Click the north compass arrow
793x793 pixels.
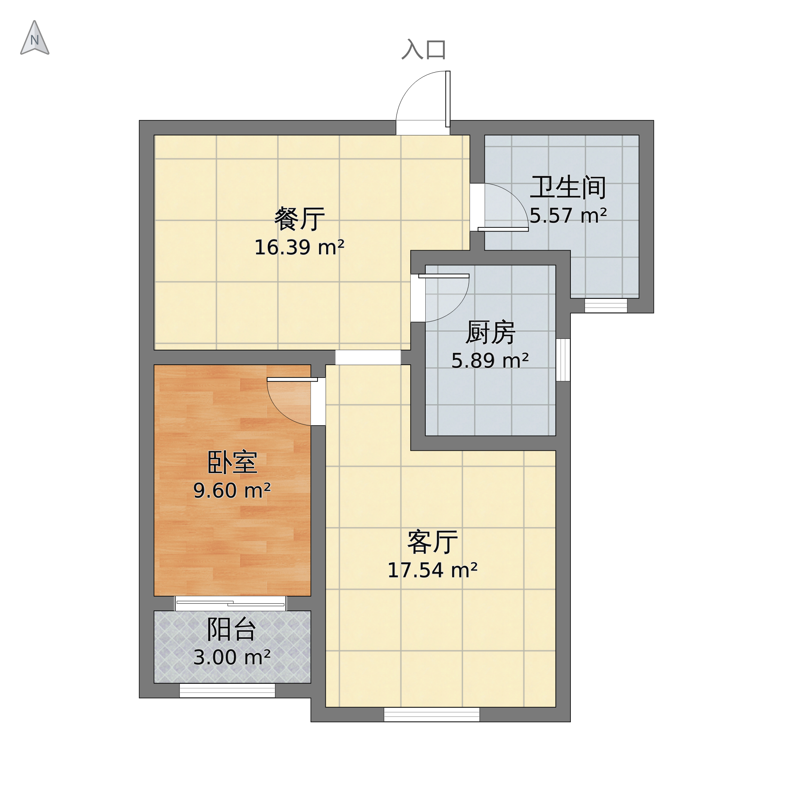(x=35, y=39)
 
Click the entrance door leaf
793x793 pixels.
(x=448, y=99)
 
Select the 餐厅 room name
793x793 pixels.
(x=299, y=219)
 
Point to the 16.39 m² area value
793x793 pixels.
(x=299, y=248)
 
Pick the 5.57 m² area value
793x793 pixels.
(x=568, y=216)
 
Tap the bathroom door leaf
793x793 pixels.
(x=503, y=229)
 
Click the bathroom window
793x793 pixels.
(x=606, y=306)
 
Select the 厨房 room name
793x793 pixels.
(x=490, y=333)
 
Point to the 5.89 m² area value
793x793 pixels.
(x=490, y=361)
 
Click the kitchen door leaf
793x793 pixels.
(x=444, y=276)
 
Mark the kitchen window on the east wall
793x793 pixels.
(x=563, y=360)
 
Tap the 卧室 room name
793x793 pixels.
(x=232, y=463)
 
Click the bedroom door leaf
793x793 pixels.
(x=292, y=380)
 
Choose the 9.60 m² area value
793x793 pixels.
(x=232, y=491)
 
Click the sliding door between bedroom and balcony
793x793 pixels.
(x=230, y=603)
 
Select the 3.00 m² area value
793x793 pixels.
(x=232, y=658)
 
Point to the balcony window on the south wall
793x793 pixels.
(x=227, y=691)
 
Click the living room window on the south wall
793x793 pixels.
(x=432, y=714)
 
